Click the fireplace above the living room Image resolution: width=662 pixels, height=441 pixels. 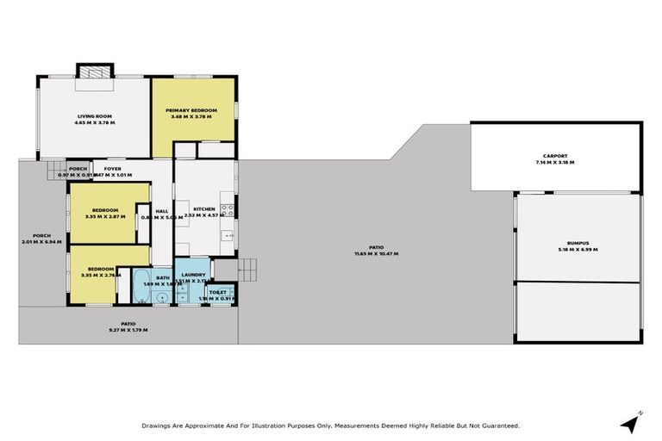[x=94, y=71]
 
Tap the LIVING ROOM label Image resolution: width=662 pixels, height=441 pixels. [x=95, y=116]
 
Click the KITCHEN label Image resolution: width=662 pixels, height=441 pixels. [x=203, y=209]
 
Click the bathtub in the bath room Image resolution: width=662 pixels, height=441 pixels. [x=140, y=287]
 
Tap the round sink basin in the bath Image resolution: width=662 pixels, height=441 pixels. [x=161, y=297]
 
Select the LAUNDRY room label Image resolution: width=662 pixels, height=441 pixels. [x=193, y=275]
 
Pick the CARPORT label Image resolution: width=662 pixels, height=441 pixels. [x=554, y=156]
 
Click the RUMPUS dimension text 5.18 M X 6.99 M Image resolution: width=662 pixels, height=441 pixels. [x=577, y=250]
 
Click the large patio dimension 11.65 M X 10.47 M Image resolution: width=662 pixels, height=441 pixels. [x=373, y=254]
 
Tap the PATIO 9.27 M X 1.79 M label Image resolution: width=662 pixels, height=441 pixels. [x=128, y=326]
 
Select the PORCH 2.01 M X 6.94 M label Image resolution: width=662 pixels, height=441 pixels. [x=41, y=239]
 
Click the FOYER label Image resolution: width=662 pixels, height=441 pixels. [x=112, y=169]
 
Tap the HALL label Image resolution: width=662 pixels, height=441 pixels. [x=162, y=211]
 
